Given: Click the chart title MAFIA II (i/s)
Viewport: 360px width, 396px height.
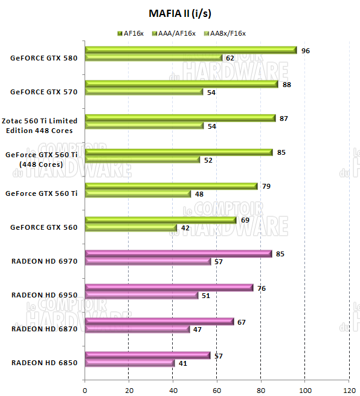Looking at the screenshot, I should pos(179,13).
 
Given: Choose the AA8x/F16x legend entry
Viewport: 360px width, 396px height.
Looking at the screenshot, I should pos(226,33).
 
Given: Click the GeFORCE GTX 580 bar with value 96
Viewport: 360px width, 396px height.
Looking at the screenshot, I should pos(191,50).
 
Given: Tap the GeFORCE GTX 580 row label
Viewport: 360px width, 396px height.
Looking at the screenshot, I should pos(43,59).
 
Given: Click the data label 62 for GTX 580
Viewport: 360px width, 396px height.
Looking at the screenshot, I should pos(230,59).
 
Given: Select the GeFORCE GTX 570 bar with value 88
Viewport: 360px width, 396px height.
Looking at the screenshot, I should pos(182,84).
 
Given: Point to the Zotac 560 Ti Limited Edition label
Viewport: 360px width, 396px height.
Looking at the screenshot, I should pos(43,126).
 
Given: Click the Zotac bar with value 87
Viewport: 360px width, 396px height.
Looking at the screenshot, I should pos(181,118).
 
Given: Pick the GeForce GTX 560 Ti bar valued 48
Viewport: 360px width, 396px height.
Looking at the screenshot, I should pos(138,194).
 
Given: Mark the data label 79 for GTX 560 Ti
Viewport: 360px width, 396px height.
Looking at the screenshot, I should pos(266,186).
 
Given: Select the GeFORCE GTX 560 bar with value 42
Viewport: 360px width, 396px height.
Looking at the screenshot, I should pos(131,228).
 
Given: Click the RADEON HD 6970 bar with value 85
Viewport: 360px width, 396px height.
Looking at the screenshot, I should pos(178,254).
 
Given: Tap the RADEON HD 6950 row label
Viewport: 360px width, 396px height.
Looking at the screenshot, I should pos(43,295).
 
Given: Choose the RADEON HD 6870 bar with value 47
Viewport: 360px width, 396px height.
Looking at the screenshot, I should pos(137,329).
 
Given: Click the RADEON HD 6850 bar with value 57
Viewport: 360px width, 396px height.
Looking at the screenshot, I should pos(147,355).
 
